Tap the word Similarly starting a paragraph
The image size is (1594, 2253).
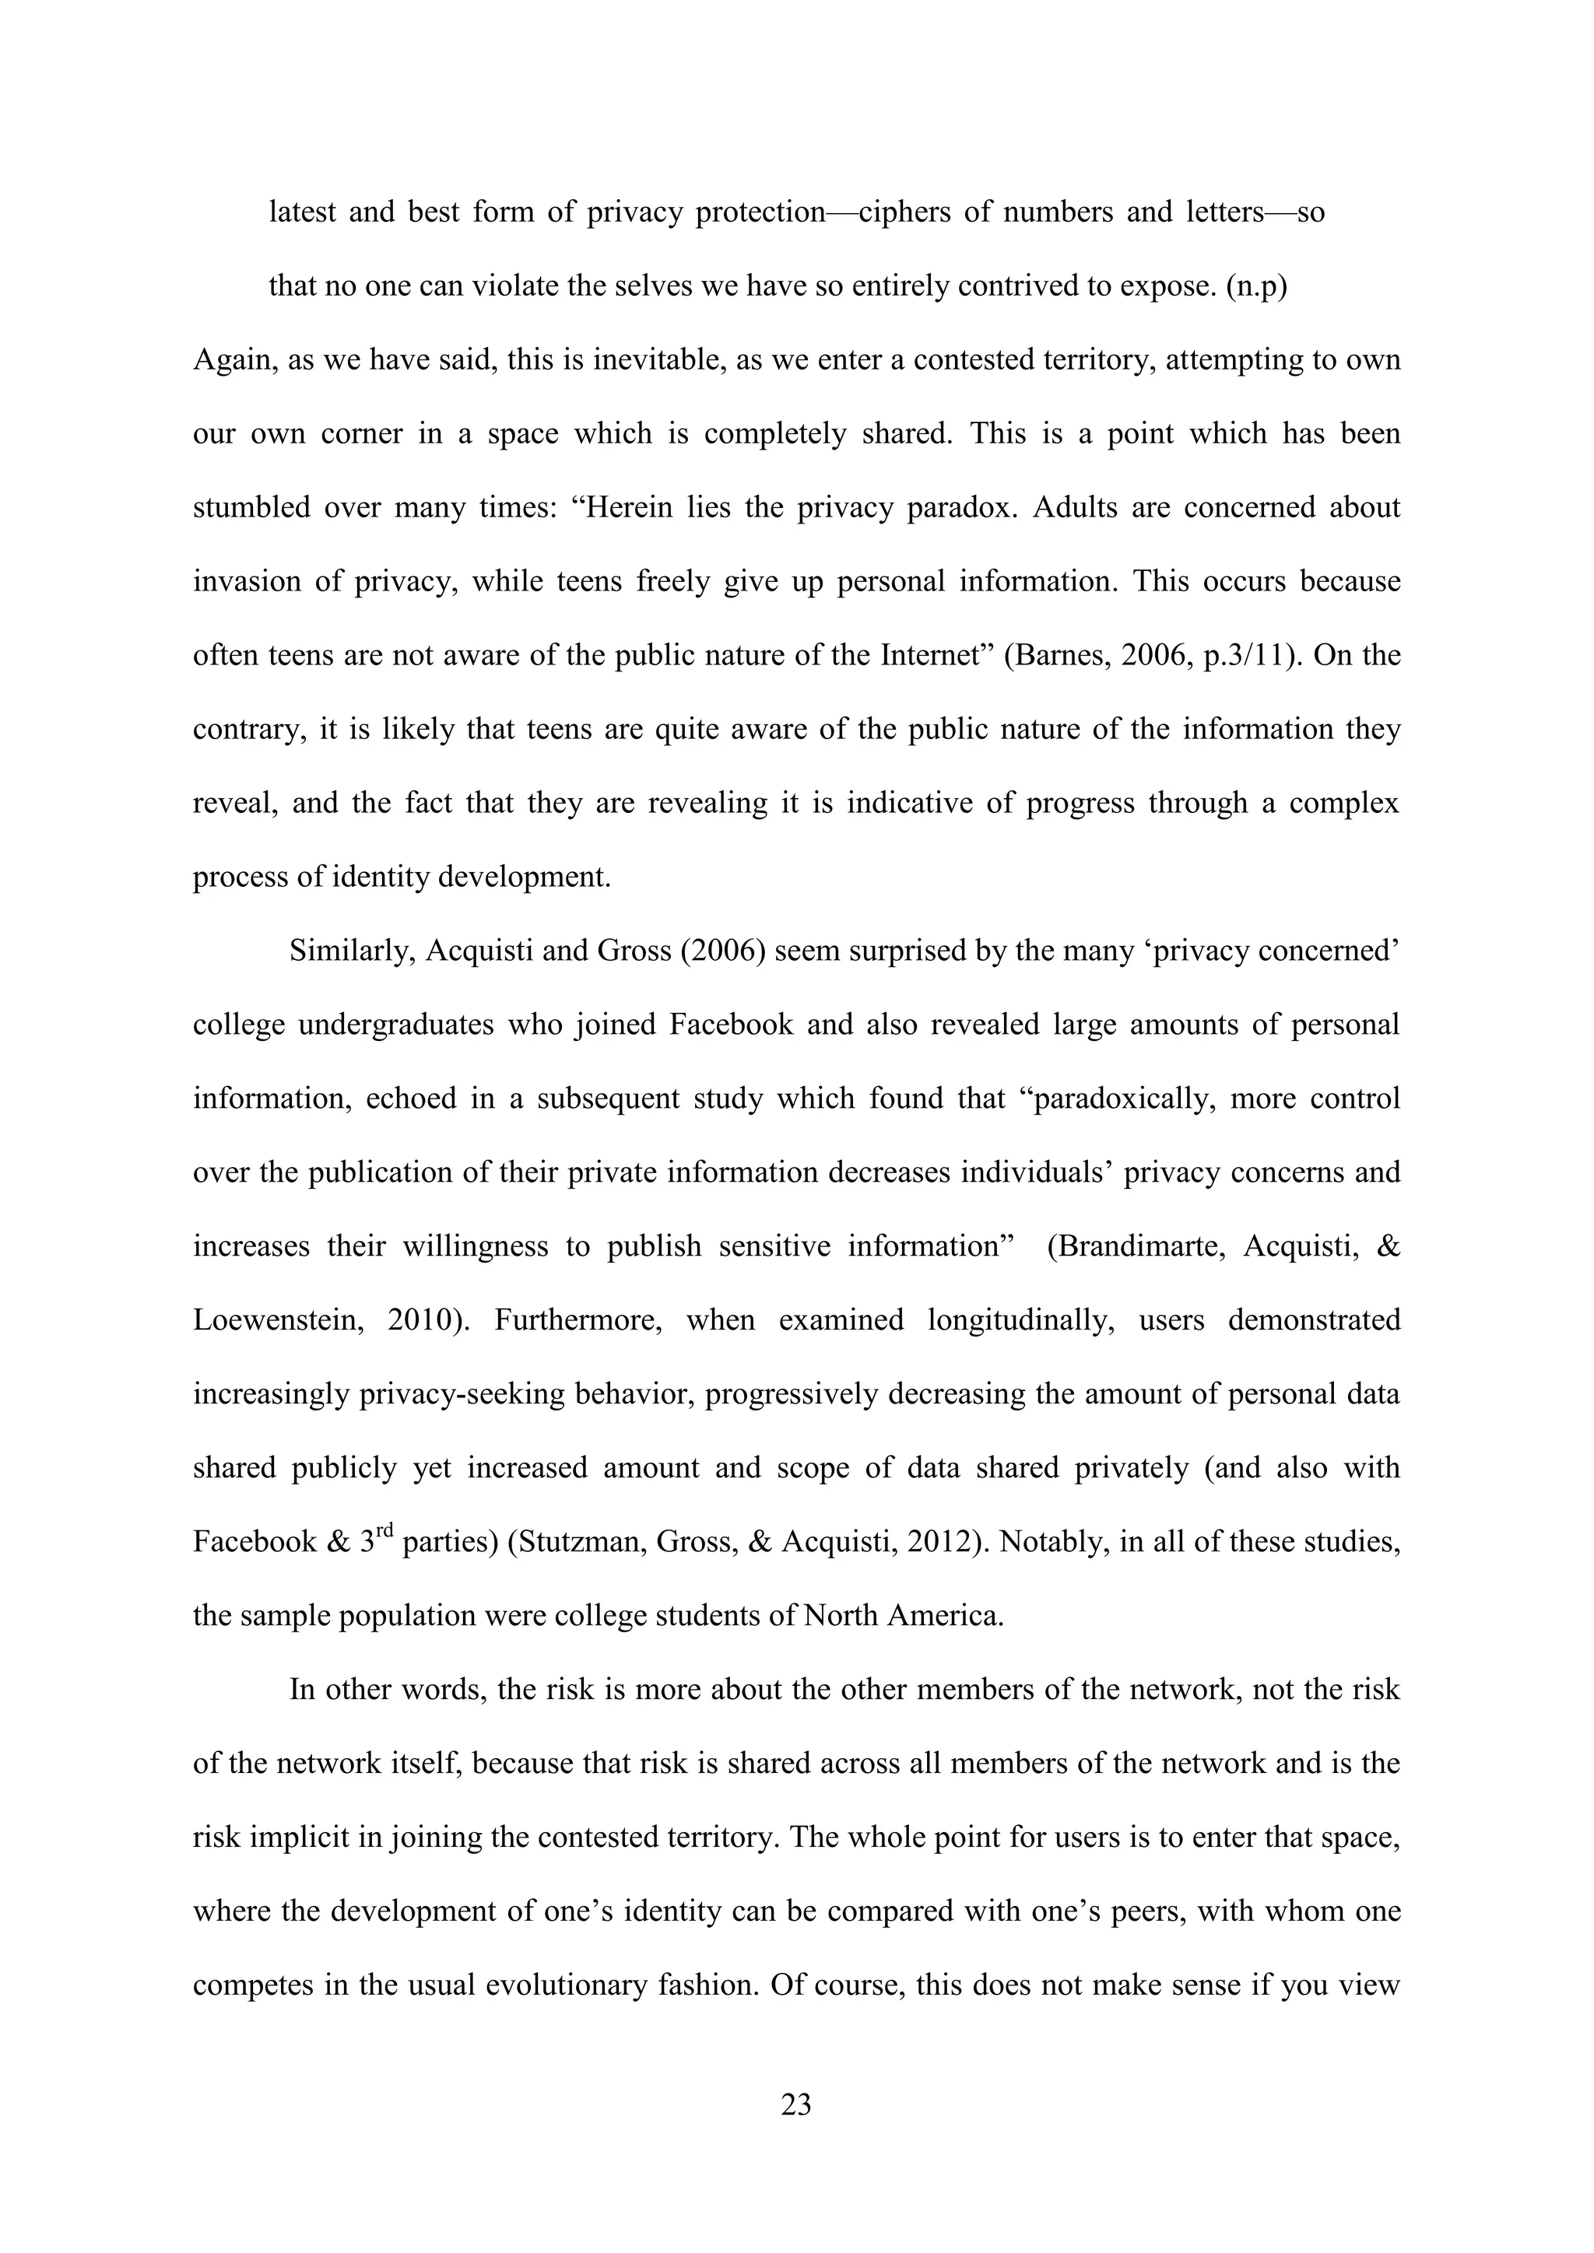351,951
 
